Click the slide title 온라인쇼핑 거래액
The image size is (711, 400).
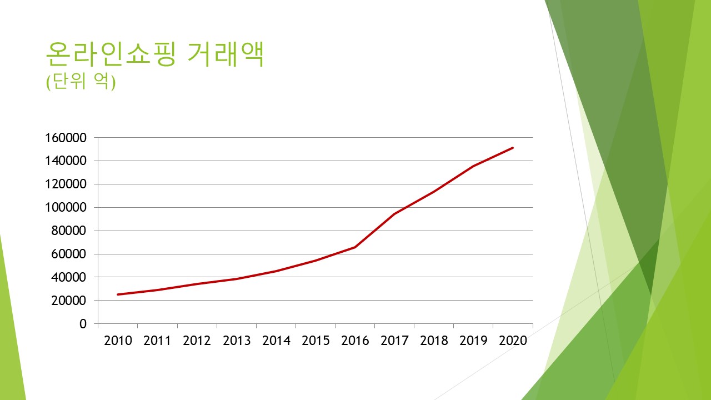coord(154,54)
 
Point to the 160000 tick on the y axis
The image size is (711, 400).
coord(67,138)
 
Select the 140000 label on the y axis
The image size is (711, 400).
coord(67,161)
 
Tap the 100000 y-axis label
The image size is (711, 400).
coord(67,208)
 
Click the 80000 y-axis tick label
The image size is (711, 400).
coord(70,231)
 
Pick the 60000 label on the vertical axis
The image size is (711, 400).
coord(70,254)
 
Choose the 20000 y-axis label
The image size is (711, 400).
coord(70,301)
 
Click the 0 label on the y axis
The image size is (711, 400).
coord(83,324)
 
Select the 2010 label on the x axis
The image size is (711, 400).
coord(118,341)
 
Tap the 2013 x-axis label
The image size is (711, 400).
coord(237,341)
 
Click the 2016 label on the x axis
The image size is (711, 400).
coord(355,341)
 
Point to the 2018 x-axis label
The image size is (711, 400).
coord(434,341)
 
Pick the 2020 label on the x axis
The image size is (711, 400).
coord(513,341)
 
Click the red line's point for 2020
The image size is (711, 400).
coord(513,148)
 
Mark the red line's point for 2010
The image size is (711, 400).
coord(118,294)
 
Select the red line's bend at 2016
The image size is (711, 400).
coord(355,247)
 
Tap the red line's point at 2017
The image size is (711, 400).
coord(394,214)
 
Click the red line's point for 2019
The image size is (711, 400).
coord(473,166)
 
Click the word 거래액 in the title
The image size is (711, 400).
coord(225,54)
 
